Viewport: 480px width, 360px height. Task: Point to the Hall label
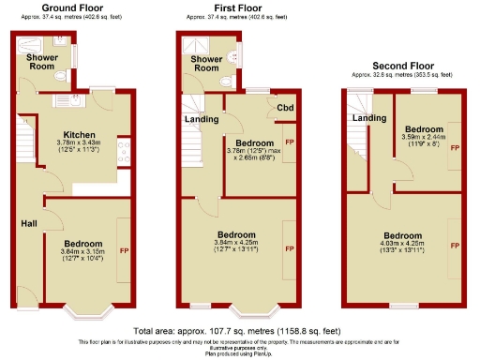(x=30, y=223)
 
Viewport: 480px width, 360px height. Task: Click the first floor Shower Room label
(x=206, y=64)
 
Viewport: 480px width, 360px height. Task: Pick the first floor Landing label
(x=202, y=119)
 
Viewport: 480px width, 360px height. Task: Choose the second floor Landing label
(x=369, y=118)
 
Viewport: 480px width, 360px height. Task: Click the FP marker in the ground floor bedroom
(x=122, y=250)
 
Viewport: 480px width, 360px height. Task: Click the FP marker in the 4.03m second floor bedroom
(x=455, y=245)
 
